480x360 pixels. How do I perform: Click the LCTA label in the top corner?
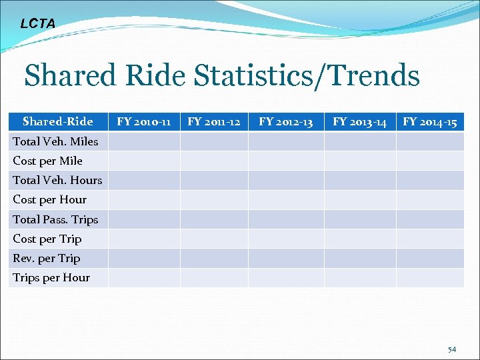pyautogui.click(x=38, y=24)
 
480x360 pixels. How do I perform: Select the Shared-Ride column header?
pyautogui.click(x=58, y=121)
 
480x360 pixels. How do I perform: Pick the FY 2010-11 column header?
pyautogui.click(x=144, y=121)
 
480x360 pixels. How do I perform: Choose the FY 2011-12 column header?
pyautogui.click(x=214, y=121)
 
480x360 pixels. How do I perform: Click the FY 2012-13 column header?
pyautogui.click(x=286, y=121)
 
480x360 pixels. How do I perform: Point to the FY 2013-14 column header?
pyautogui.click(x=360, y=121)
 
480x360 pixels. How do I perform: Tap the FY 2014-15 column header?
pyautogui.click(x=430, y=121)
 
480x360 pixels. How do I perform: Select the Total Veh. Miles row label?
pyautogui.click(x=55, y=141)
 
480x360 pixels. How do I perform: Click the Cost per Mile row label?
pyautogui.click(x=48, y=161)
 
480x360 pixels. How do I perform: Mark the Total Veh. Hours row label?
pyautogui.click(x=57, y=180)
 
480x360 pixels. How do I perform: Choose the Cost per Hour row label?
pyautogui.click(x=50, y=199)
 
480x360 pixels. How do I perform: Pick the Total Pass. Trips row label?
pyautogui.click(x=55, y=219)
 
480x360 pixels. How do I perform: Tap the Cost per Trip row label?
pyautogui.click(x=47, y=239)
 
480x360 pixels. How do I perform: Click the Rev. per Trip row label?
pyautogui.click(x=47, y=258)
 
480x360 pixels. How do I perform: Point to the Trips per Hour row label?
pyautogui.click(x=51, y=277)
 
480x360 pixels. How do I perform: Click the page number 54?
pyautogui.click(x=452, y=349)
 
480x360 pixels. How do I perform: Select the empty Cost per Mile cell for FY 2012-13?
pyautogui.click(x=286, y=161)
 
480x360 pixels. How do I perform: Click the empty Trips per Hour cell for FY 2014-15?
pyautogui.click(x=430, y=277)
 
